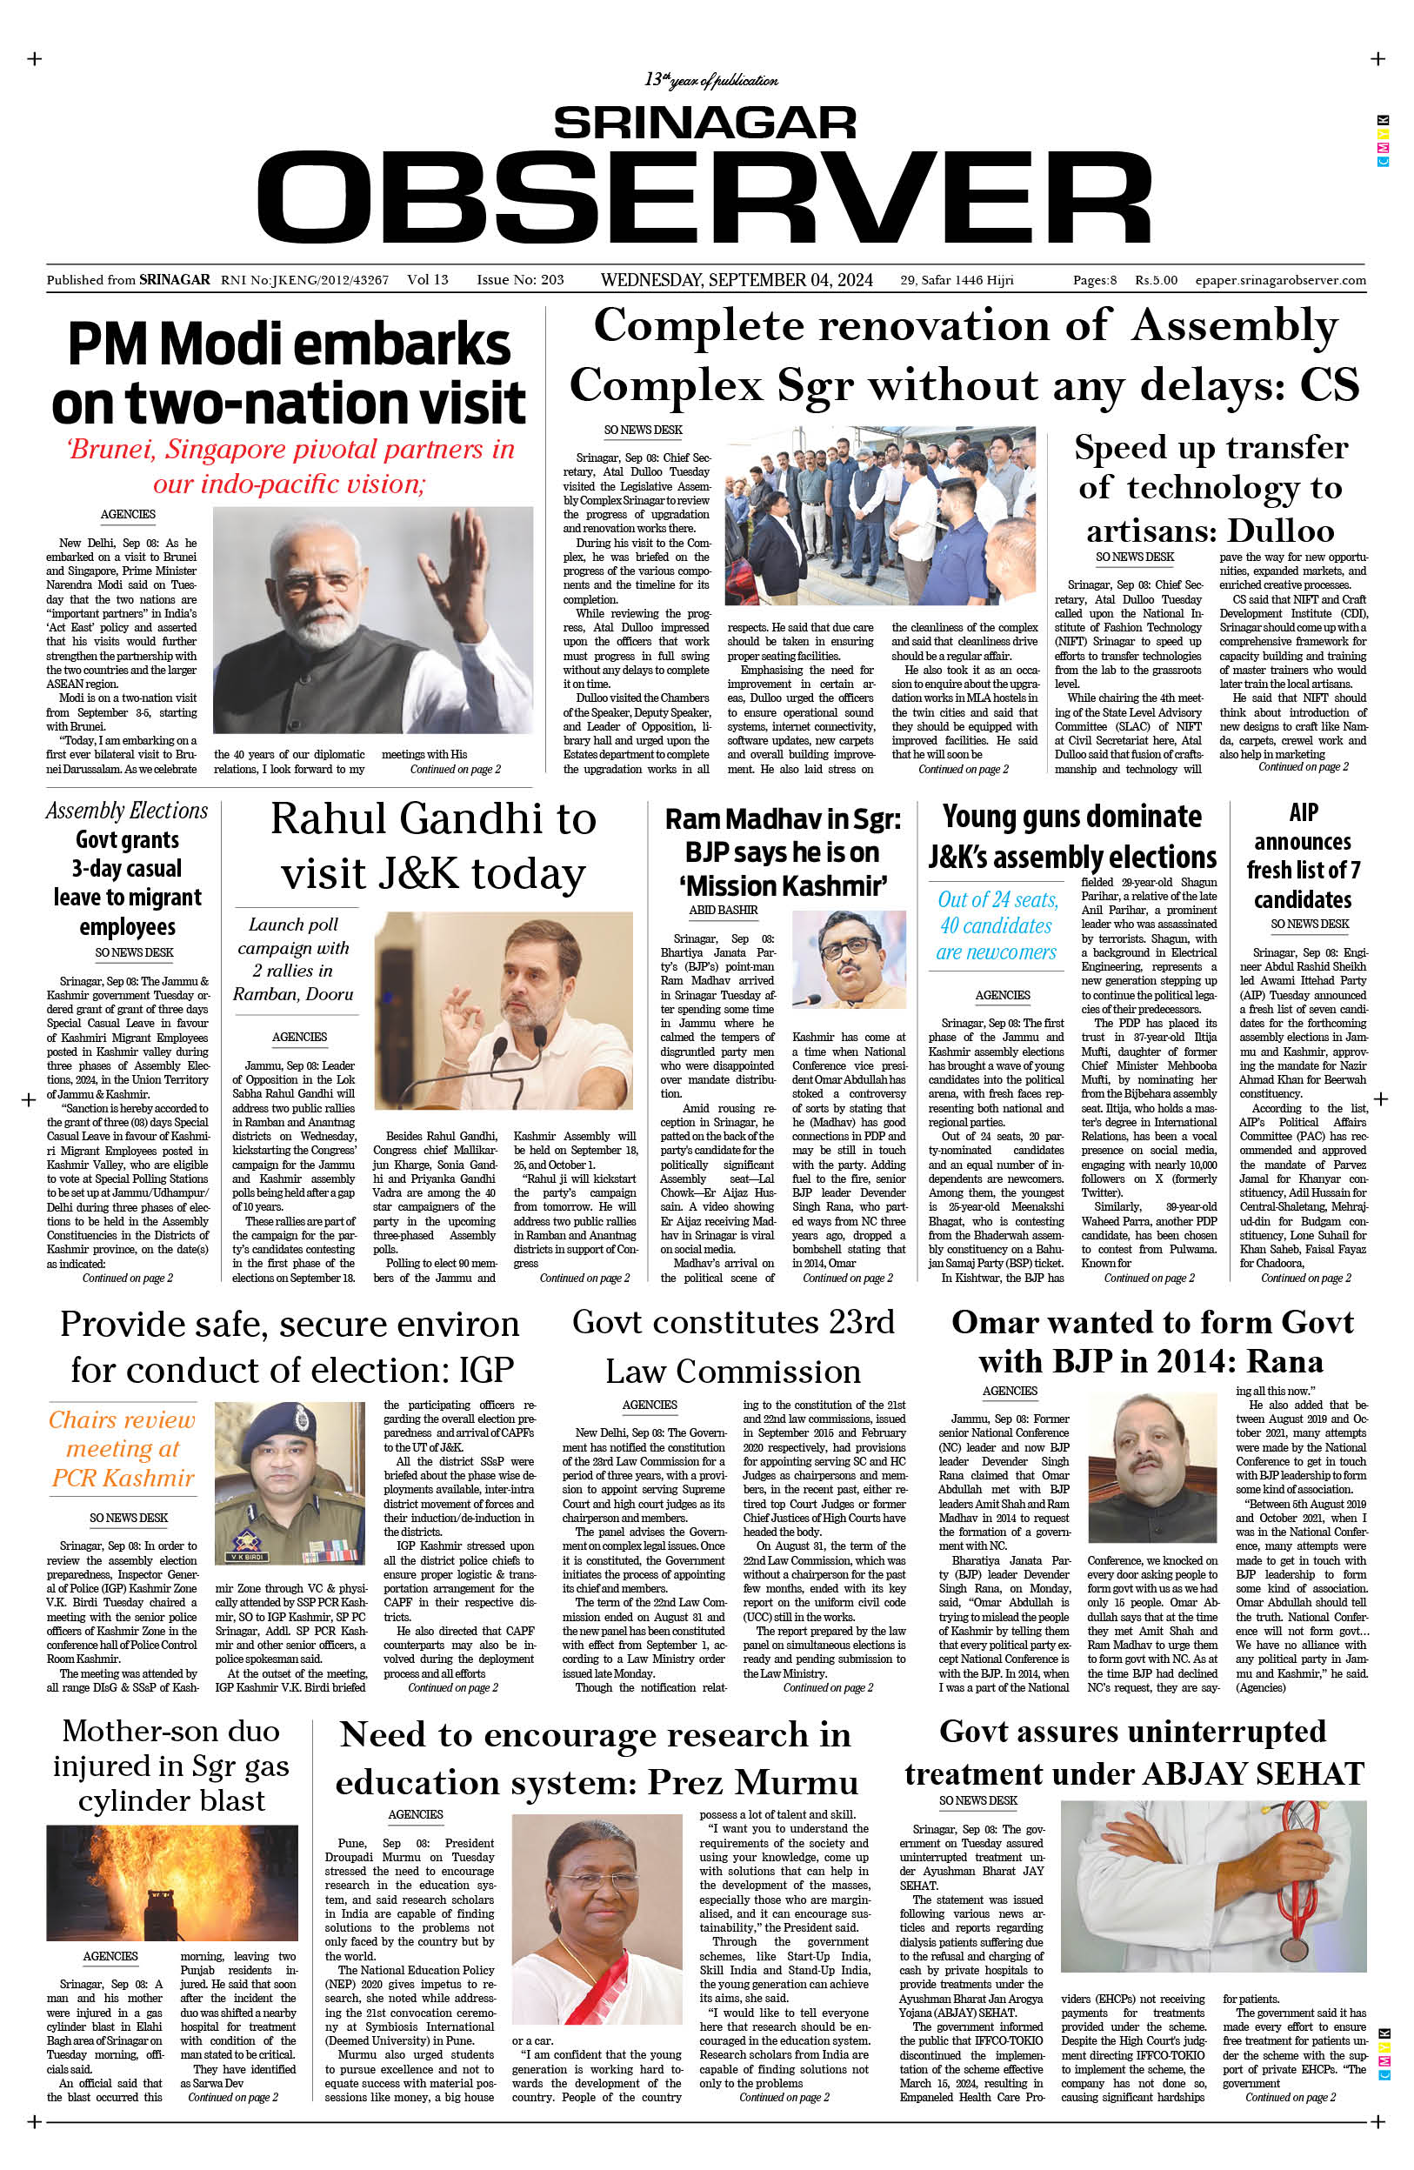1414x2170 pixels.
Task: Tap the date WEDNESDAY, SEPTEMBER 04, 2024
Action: (736, 280)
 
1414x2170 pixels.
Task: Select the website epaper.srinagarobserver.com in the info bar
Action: (1280, 280)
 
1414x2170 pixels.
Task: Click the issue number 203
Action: (551, 280)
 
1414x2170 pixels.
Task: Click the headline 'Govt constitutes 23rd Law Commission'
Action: (733, 1345)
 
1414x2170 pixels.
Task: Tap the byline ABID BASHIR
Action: (723, 910)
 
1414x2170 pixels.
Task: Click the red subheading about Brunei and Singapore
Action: (290, 466)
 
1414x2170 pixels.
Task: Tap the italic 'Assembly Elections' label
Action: (127, 811)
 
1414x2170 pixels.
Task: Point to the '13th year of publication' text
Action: (710, 80)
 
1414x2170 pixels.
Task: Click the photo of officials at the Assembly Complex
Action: (880, 515)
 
